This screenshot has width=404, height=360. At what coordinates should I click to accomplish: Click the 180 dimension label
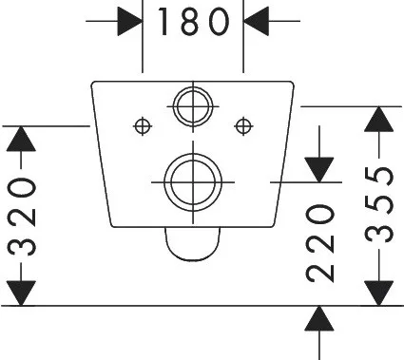pyautogui.click(x=193, y=22)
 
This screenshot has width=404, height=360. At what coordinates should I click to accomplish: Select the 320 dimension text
pyautogui.click(x=21, y=217)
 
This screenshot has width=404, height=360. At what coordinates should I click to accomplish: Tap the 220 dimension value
pyautogui.click(x=320, y=243)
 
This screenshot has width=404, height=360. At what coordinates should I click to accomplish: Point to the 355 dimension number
pyautogui.click(x=379, y=204)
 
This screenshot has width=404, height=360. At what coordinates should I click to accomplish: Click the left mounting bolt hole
pyautogui.click(x=143, y=126)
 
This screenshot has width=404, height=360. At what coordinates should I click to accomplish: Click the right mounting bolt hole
pyautogui.click(x=243, y=126)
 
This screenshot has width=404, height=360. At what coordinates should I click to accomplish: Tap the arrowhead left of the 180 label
pyautogui.click(x=130, y=21)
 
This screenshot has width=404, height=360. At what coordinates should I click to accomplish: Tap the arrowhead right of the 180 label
pyautogui.click(x=256, y=21)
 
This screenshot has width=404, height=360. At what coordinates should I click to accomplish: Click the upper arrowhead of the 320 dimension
pyautogui.click(x=21, y=139)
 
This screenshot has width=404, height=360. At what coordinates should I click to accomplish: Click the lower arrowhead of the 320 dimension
pyautogui.click(x=21, y=294)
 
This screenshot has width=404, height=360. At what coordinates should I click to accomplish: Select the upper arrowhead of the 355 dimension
pyautogui.click(x=379, y=120)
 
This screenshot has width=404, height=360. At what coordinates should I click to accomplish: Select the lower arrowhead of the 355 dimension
pyautogui.click(x=379, y=294)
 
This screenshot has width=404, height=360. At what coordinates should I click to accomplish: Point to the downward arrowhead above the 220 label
pyautogui.click(x=319, y=170)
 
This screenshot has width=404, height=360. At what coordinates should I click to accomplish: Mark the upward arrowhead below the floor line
pyautogui.click(x=319, y=318)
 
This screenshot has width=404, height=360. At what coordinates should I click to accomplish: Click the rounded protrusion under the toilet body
pyautogui.click(x=192, y=260)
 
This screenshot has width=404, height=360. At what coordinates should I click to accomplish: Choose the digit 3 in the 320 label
pyautogui.click(x=21, y=244)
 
